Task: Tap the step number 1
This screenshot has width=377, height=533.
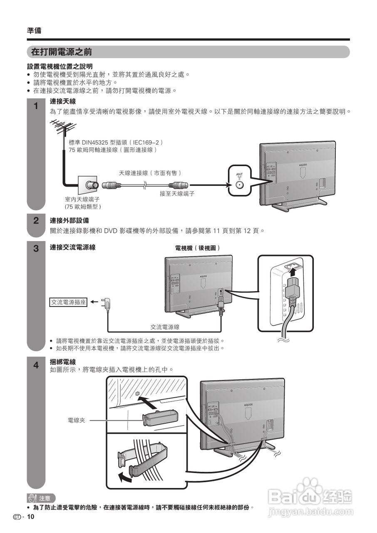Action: coord(36,106)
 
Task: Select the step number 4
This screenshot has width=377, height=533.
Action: coord(36,365)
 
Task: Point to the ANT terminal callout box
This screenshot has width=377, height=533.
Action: coord(239,181)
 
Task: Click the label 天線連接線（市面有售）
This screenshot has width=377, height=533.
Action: coord(150,173)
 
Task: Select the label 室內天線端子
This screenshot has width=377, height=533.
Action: coord(82,199)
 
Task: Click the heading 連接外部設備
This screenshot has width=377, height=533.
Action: coord(69,220)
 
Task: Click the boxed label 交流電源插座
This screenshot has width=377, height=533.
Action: coord(68,302)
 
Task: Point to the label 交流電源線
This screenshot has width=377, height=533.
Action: coord(165,327)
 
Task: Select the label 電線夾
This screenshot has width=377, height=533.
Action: coord(76,421)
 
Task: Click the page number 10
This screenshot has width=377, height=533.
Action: coord(30,517)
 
